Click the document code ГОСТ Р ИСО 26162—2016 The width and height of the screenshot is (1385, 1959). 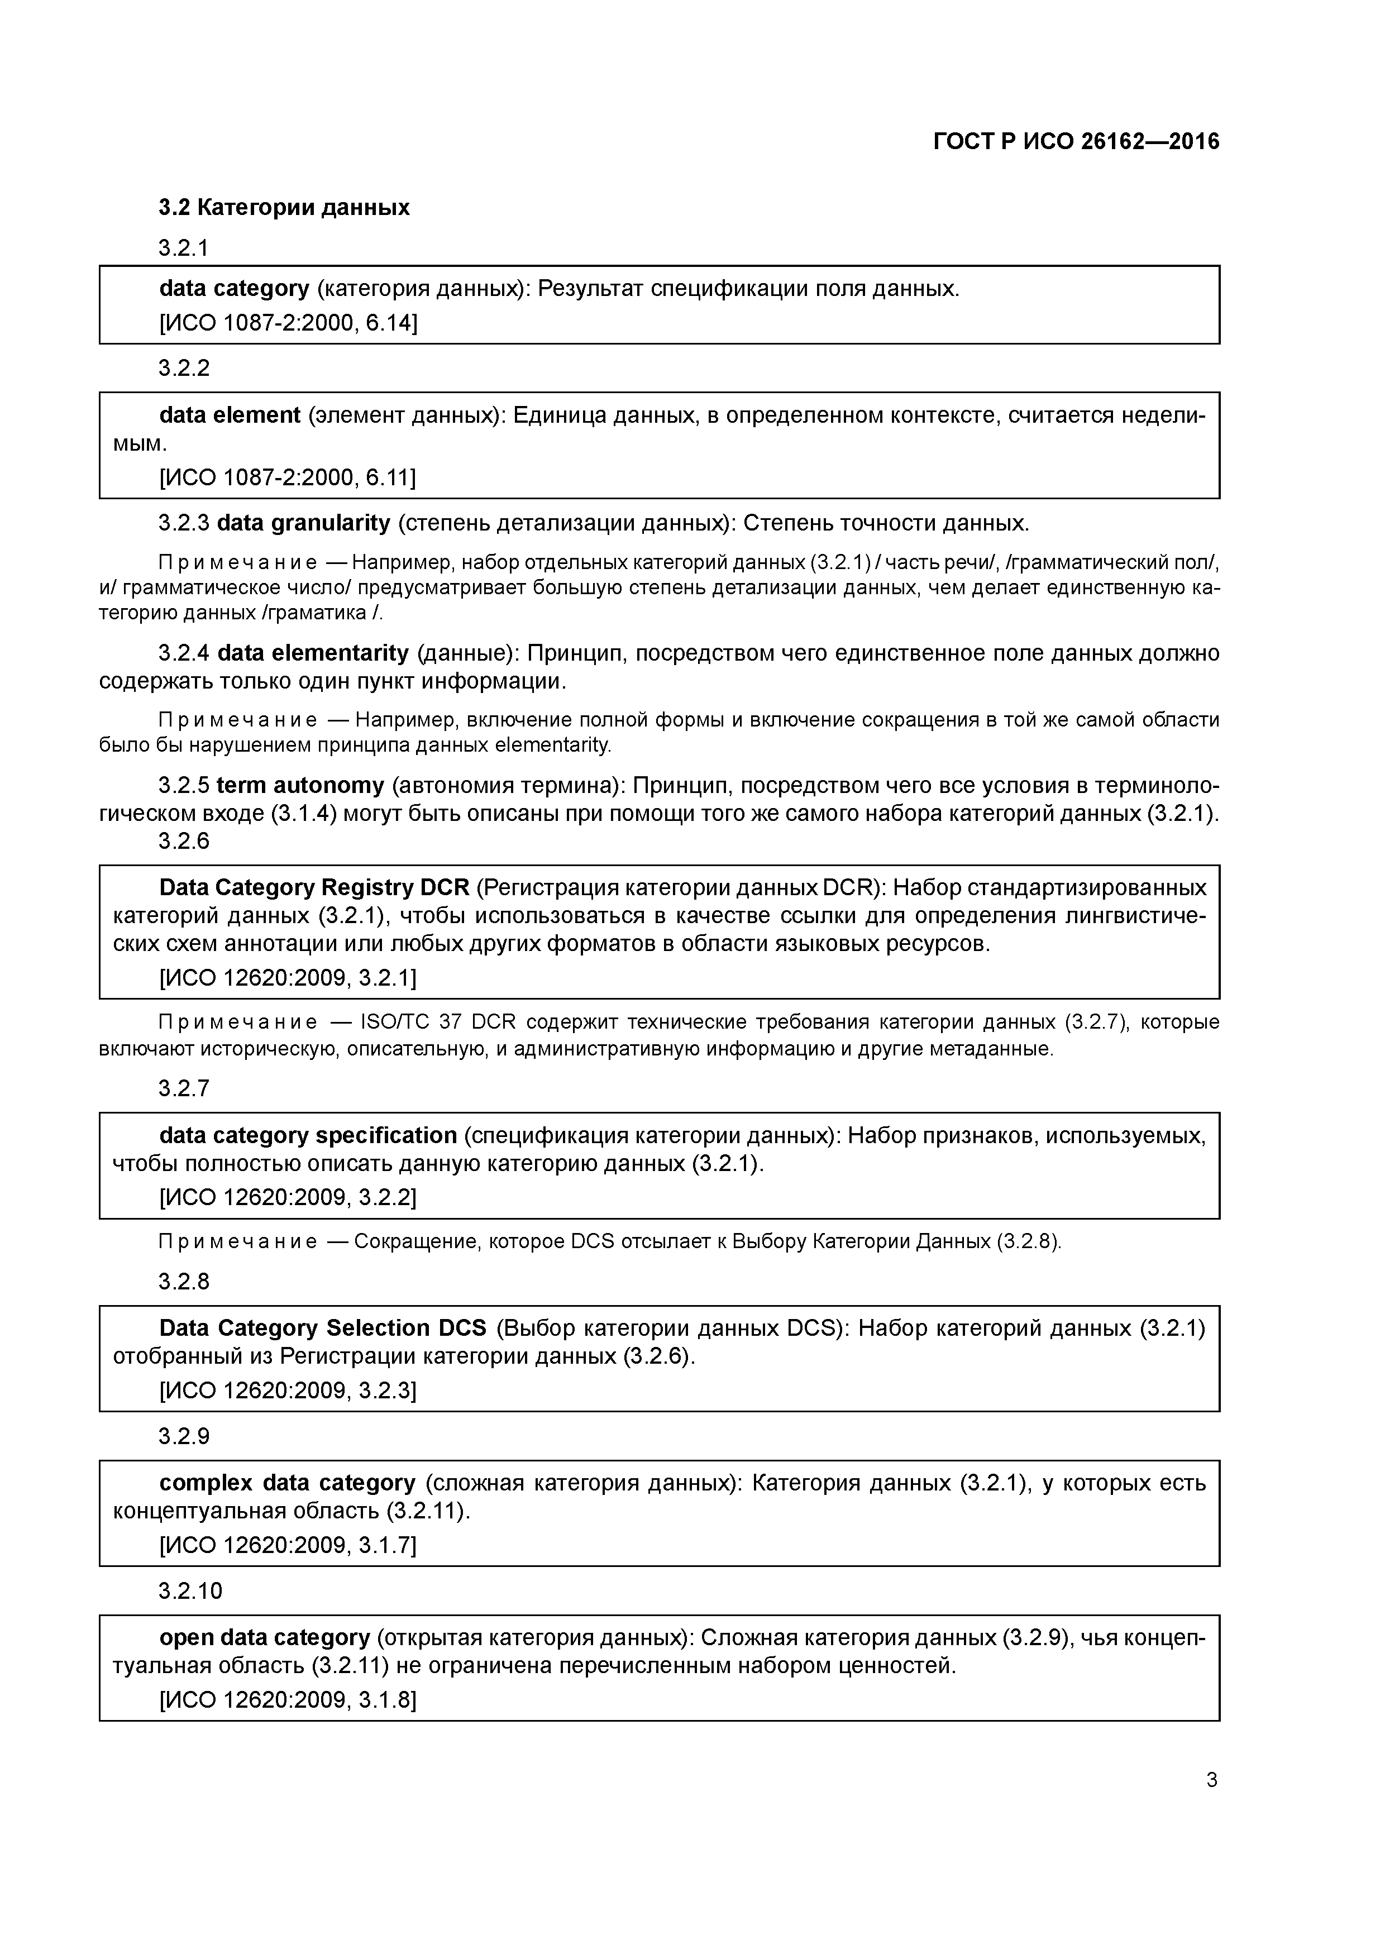tap(1076, 142)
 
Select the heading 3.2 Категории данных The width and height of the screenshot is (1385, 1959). tap(284, 207)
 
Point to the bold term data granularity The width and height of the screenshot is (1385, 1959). tap(304, 523)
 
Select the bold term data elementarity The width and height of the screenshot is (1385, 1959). tap(313, 653)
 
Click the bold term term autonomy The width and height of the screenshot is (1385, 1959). tap(300, 785)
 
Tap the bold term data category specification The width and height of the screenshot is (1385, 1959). tap(308, 1136)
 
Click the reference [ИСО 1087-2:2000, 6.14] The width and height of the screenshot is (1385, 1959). tap(288, 323)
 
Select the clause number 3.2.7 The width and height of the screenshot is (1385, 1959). tap(184, 1089)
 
